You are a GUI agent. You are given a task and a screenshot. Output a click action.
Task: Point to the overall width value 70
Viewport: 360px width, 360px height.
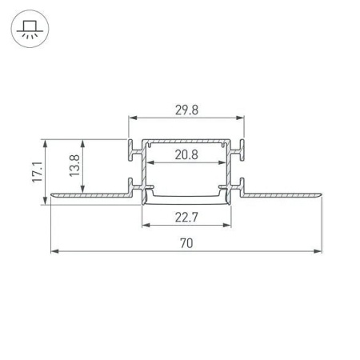186,241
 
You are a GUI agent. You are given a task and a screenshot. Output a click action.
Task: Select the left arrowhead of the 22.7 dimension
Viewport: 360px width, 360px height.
146,225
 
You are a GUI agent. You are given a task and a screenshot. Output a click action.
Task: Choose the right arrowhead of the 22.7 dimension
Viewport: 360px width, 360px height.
227,225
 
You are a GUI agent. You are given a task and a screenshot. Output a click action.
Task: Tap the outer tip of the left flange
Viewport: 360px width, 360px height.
52,194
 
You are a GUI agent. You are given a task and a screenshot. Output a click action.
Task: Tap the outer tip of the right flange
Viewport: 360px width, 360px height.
320,194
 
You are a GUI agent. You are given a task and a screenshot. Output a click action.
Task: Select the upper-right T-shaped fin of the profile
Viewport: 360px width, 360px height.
242,147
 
